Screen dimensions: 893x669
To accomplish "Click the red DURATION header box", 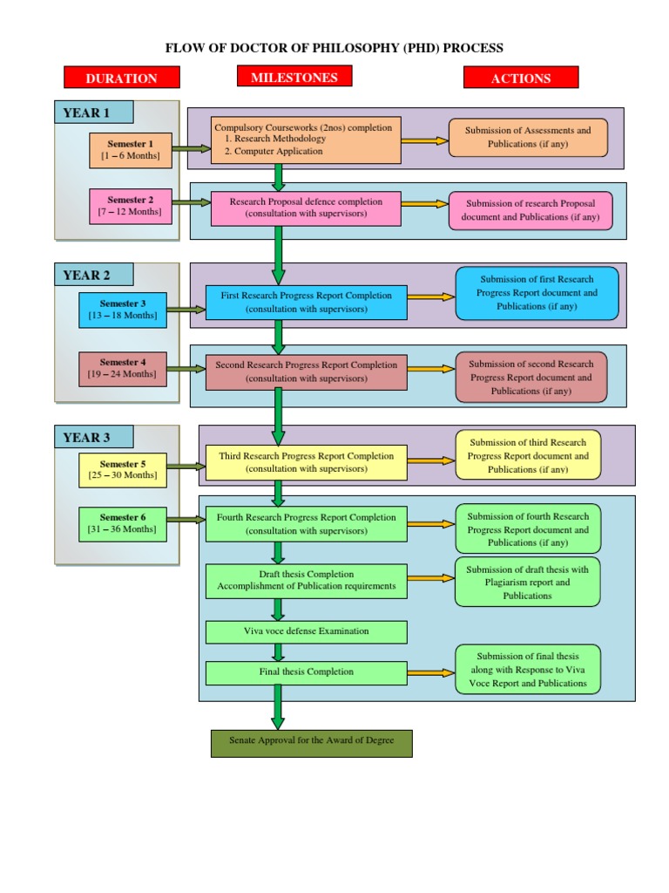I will click(x=121, y=78).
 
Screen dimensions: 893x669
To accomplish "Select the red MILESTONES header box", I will click(x=294, y=77).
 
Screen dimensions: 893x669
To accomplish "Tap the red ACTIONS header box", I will click(x=520, y=78).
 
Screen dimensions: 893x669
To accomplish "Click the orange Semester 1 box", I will click(x=130, y=150).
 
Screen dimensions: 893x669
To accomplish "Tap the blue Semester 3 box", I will click(x=122, y=310).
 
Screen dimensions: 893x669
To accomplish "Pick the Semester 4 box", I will click(x=122, y=368).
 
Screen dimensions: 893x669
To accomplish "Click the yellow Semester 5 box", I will click(x=122, y=469).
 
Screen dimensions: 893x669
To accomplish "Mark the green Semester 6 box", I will click(x=122, y=522).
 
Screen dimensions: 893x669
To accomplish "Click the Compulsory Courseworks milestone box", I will click(x=306, y=140).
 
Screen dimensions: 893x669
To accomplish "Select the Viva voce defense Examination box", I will click(x=306, y=631).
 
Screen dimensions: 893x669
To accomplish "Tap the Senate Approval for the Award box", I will click(x=311, y=742).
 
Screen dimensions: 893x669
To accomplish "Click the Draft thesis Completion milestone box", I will click(x=306, y=580).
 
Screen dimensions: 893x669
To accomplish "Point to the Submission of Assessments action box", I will click(x=528, y=137).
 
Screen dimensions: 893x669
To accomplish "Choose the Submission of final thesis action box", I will click(x=527, y=670).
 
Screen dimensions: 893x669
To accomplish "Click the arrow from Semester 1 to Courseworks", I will click(x=192, y=149).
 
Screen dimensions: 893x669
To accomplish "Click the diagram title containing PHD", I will click(x=334, y=48).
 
